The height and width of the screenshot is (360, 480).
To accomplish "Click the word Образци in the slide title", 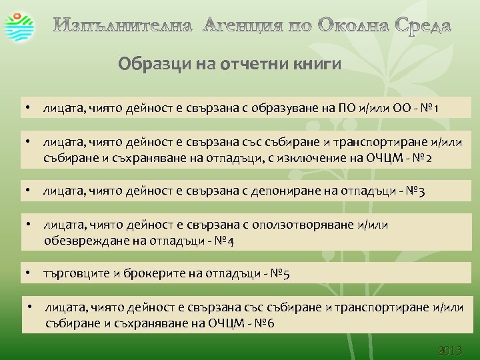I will pos(144,65).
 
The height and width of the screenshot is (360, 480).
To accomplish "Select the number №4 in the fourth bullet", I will pos(223,241).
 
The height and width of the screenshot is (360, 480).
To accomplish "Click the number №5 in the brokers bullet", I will pos(279,274).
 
